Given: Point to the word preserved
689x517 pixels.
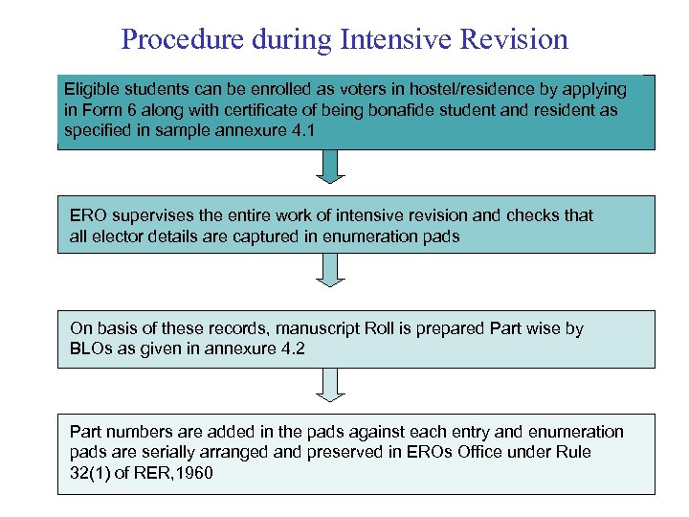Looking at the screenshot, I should [346, 452].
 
